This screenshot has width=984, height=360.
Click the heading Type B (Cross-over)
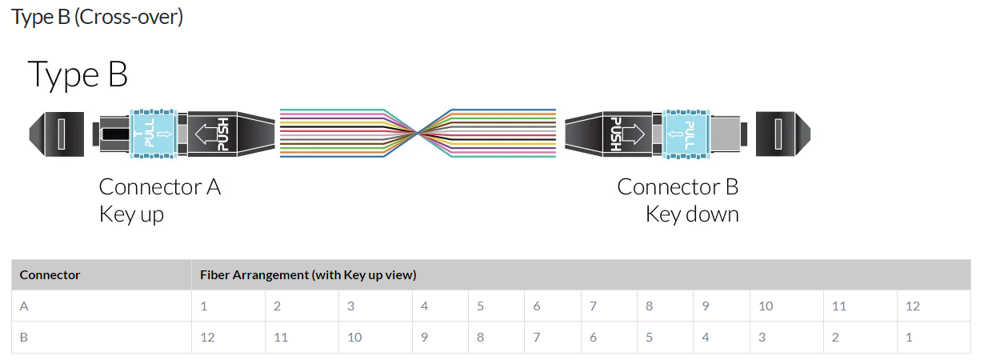(98, 17)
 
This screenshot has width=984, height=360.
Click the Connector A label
(159, 187)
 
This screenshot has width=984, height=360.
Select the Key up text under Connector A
(131, 214)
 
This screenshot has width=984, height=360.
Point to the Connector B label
(678, 187)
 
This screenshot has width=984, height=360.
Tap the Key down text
(692, 214)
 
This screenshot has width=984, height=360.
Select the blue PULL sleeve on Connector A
(153, 131)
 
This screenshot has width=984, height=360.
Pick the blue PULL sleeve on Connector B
(686, 131)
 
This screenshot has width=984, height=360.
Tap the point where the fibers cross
(417, 131)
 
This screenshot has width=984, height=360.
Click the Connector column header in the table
(50, 275)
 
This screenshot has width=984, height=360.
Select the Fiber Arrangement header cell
(308, 275)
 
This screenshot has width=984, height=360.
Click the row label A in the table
(24, 306)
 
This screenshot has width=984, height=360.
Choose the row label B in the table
(24, 338)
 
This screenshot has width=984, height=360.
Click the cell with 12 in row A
(913, 306)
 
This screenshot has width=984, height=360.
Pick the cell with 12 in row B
(207, 338)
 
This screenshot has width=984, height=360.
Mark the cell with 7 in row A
(594, 306)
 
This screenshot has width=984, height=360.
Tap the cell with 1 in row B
(910, 338)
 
